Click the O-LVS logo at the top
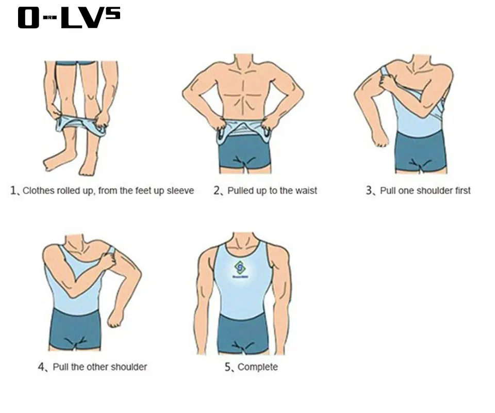(69, 17)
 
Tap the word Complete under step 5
(257, 367)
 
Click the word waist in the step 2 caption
(306, 190)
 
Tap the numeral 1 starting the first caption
(13, 190)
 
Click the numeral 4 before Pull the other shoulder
(41, 367)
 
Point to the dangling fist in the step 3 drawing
(379, 137)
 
